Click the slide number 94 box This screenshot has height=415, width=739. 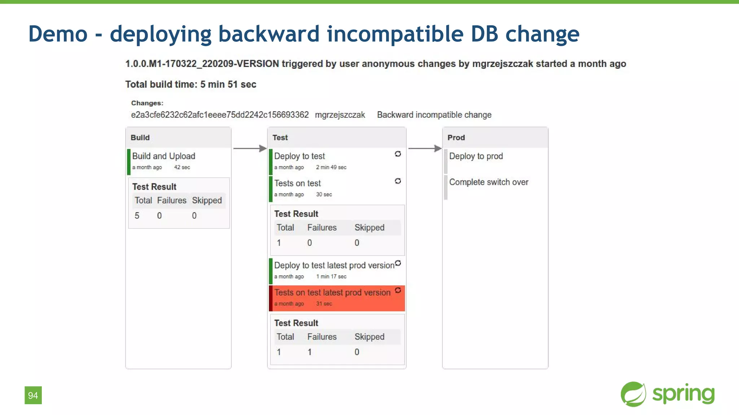[x=33, y=395]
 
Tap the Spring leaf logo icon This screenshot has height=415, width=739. [x=633, y=394]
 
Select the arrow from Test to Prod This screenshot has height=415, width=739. [x=425, y=148]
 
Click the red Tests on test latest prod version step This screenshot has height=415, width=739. [x=332, y=293]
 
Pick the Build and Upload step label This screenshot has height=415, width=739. [x=163, y=156]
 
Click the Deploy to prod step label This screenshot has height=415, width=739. [x=476, y=156]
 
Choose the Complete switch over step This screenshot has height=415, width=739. [x=489, y=182]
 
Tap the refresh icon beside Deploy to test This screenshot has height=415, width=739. [x=398, y=154]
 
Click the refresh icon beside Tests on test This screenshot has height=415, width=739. [x=398, y=181]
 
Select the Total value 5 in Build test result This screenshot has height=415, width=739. [x=137, y=216]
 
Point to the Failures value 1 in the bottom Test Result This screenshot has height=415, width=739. [x=310, y=352]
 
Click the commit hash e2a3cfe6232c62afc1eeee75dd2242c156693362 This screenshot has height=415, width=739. [x=220, y=115]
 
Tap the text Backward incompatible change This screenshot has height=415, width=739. [x=434, y=115]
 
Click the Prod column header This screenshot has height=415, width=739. [x=456, y=138]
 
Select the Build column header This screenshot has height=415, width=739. [x=140, y=138]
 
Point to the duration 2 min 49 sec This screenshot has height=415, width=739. [x=331, y=167]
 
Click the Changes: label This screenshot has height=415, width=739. [x=147, y=103]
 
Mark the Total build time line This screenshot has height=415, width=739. [x=191, y=84]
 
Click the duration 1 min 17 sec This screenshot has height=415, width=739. [x=331, y=277]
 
